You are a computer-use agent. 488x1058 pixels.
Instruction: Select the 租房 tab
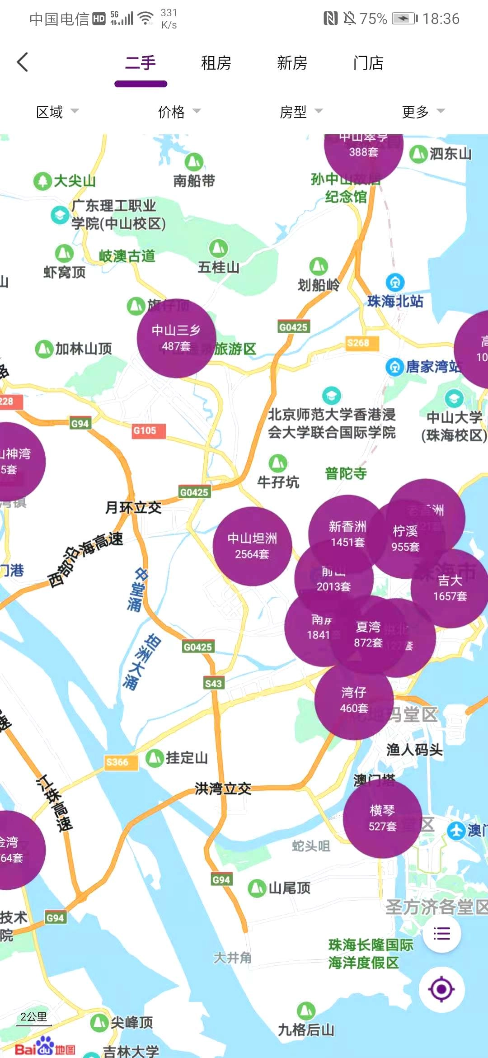216,63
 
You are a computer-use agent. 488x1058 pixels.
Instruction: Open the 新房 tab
292,63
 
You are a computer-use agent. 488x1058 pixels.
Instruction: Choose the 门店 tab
368,63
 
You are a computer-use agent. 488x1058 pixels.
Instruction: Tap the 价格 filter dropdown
178,112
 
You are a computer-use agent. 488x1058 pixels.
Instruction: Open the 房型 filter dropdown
300,112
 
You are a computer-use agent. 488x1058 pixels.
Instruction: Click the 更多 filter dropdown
422,112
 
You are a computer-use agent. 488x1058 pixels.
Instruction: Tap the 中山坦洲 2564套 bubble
252,546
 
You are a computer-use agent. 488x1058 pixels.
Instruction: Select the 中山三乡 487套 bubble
176,338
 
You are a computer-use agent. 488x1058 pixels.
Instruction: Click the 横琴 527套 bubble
382,818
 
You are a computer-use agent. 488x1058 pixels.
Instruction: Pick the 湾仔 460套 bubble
354,700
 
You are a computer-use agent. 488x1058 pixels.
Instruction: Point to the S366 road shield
117,762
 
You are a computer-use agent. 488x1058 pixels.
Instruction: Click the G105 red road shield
145,430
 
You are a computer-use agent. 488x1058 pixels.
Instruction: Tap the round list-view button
441,934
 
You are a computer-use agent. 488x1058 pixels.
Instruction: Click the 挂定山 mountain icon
155,758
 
